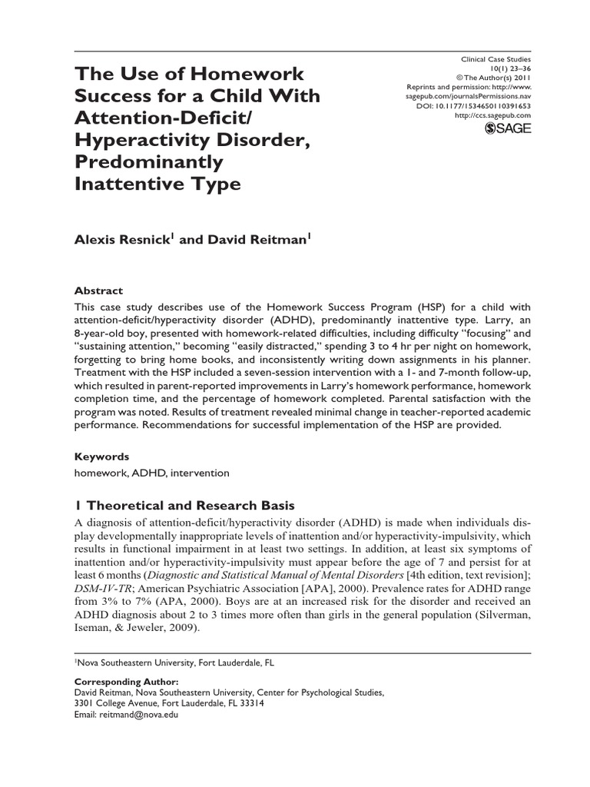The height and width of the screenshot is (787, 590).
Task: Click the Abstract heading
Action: pyautogui.click(x=98, y=291)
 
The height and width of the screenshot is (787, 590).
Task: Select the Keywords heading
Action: pyautogui.click(x=101, y=456)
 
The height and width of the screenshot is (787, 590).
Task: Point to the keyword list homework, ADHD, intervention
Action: pyautogui.click(x=151, y=473)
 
